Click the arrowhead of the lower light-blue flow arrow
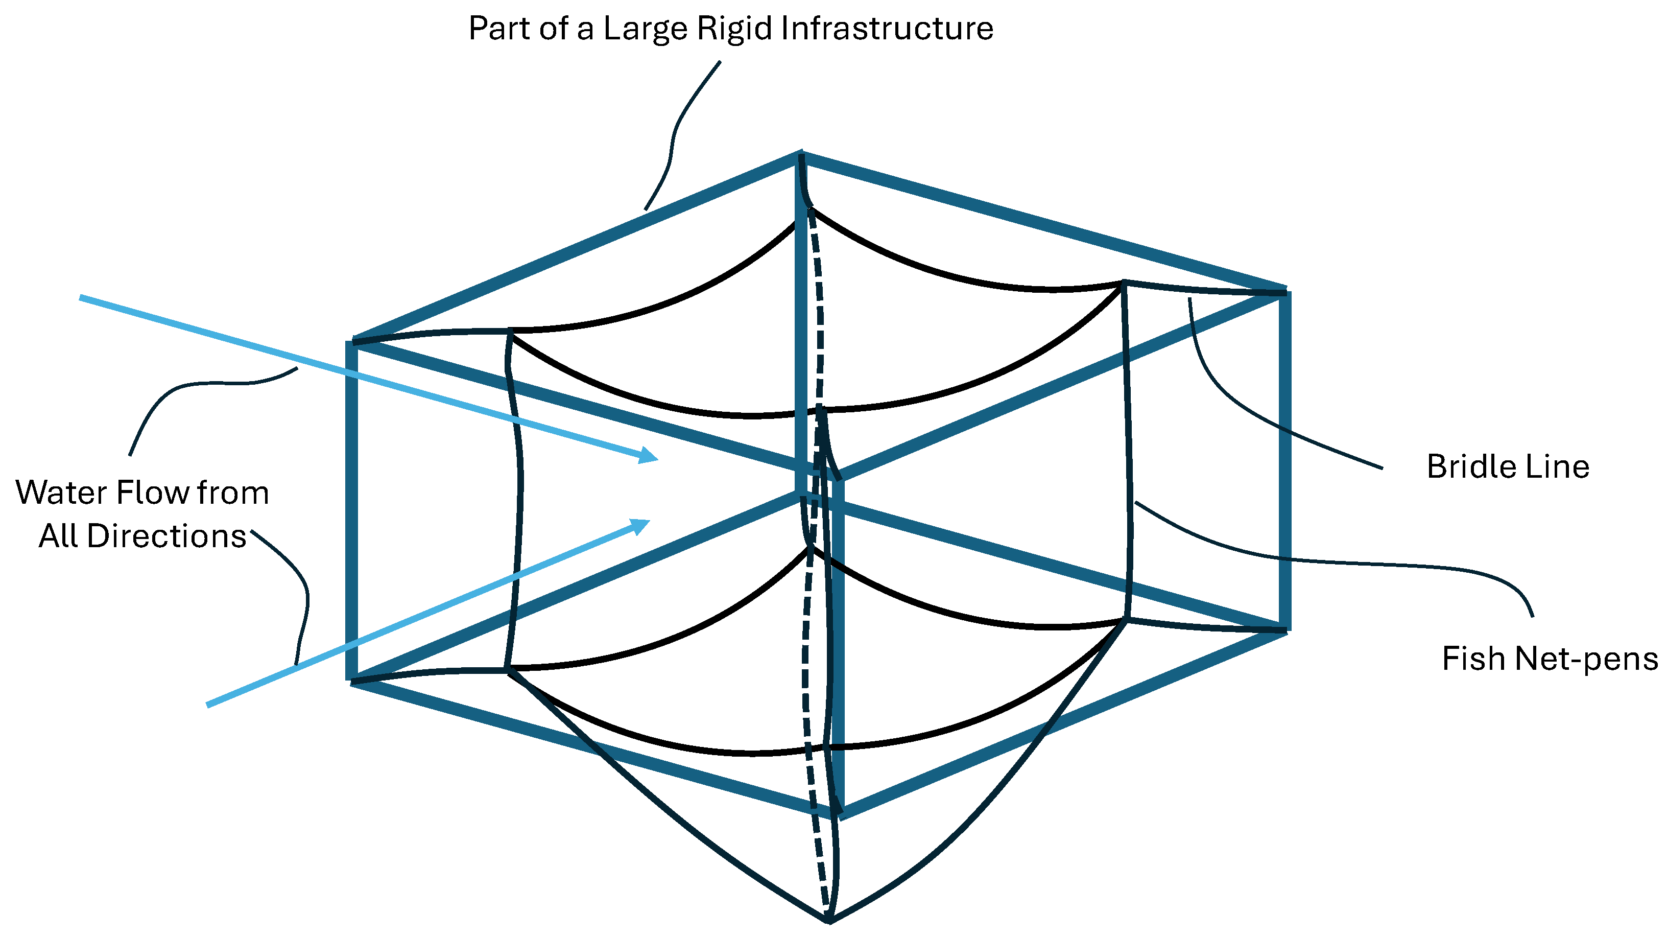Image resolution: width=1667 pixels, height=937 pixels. (x=641, y=525)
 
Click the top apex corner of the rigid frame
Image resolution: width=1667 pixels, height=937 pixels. (x=802, y=155)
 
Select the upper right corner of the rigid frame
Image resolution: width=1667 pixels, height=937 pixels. (x=1285, y=291)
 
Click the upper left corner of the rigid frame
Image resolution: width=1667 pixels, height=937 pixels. (x=352, y=341)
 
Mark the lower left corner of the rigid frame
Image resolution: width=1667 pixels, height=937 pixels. (x=352, y=680)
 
